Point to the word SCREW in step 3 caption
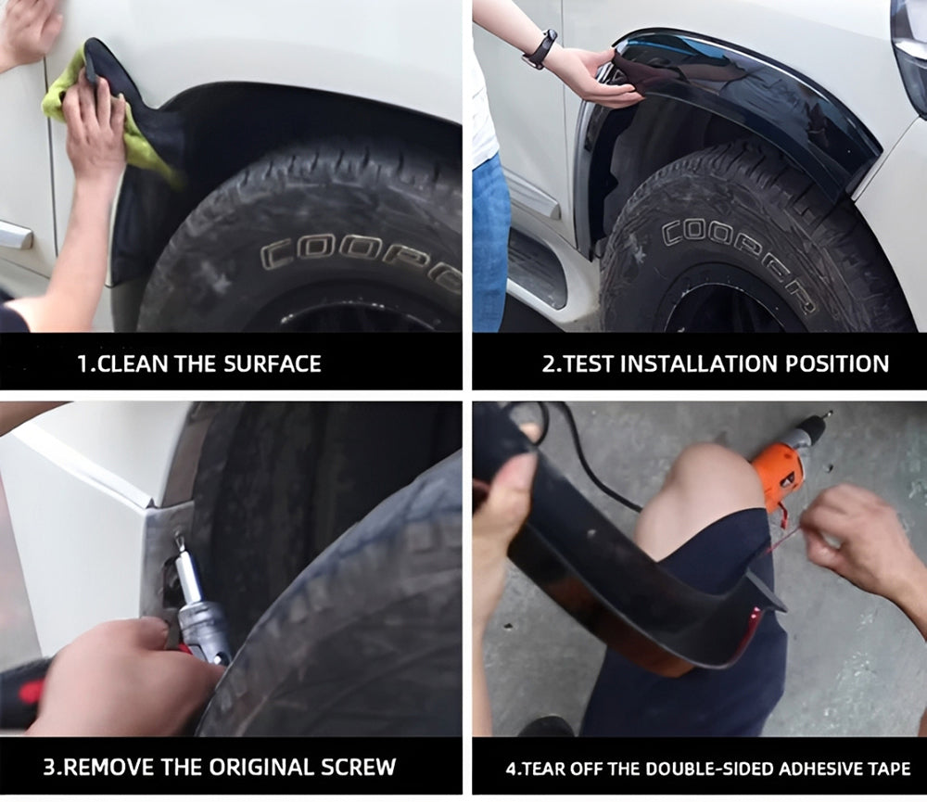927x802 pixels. point(356,767)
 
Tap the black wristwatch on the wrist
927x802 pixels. point(540,48)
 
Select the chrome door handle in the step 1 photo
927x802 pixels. point(14,236)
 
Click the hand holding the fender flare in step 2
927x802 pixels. point(593,74)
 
